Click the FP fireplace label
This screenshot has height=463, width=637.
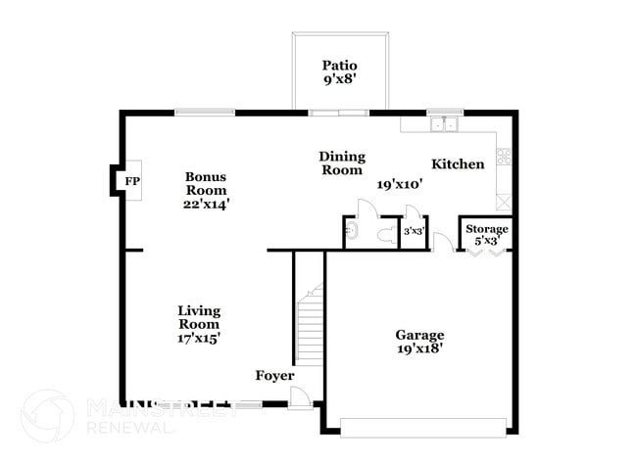coord(131,180)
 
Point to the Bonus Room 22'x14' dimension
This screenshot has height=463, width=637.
coord(207,204)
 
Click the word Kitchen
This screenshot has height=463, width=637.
coord(458,164)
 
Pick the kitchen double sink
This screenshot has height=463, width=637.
coord(446,123)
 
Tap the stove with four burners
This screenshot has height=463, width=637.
coord(505,156)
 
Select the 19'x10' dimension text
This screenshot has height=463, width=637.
coord(399,183)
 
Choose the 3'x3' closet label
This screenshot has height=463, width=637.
coord(414,233)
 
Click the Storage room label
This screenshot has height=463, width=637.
coord(486,229)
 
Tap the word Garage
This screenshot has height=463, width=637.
coord(419,334)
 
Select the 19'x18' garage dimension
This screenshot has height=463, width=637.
coord(419,348)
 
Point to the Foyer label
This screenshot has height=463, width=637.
coord(273,376)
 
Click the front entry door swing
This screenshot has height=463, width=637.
coord(302,396)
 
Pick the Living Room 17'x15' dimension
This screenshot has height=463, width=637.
coord(199,337)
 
